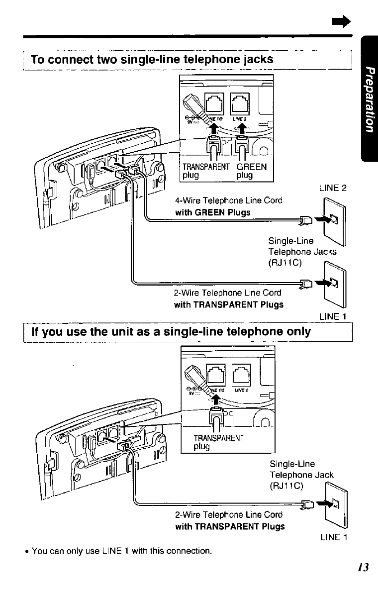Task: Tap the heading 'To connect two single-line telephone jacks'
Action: coord(152,60)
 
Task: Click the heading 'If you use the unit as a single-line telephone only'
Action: coord(171,331)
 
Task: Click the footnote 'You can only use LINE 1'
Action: coord(122,551)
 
